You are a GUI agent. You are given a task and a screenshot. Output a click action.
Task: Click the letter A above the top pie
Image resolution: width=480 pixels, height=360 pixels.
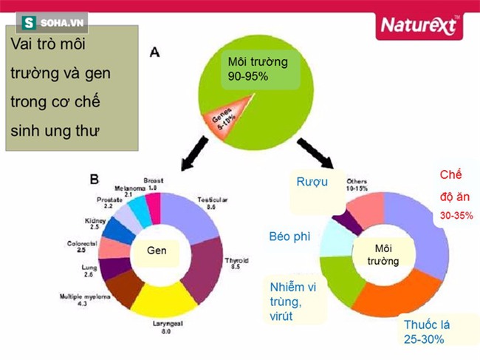point(154,52)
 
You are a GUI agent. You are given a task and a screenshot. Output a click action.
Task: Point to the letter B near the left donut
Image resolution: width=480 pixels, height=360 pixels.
point(95,179)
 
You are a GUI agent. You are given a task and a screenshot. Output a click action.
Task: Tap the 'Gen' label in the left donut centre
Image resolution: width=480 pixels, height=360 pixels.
point(156,251)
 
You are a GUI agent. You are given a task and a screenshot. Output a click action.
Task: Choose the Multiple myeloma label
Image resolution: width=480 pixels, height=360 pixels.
point(87,300)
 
